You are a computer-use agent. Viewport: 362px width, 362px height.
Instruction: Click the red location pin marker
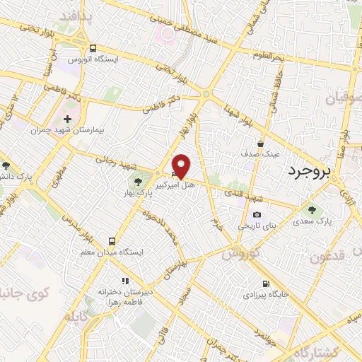coord(182,165)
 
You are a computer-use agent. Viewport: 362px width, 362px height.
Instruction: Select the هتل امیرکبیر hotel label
coord(187,183)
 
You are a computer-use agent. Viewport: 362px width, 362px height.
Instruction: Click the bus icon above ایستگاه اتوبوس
coord(93,48)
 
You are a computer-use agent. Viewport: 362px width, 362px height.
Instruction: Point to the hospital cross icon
coord(67,119)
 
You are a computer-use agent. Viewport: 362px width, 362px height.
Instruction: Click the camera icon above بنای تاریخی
coord(256,214)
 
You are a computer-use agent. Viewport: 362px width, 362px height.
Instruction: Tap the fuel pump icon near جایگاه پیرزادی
coord(265,279)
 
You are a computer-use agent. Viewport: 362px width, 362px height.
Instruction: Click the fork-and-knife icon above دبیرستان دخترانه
coord(126,281)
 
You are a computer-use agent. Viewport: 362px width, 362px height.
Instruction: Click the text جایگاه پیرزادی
coord(264,291)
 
